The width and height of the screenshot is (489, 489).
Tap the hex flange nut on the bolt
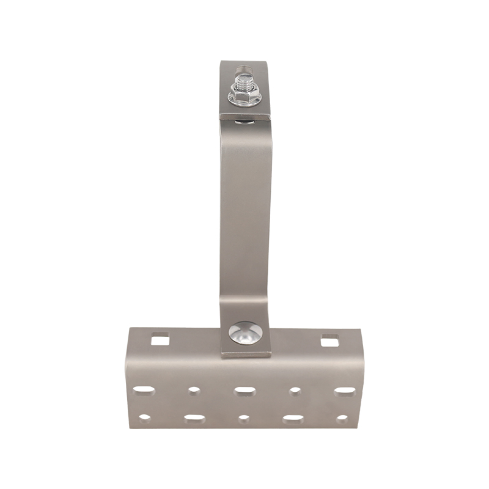(x=243, y=97)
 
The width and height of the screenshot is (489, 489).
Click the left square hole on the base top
(x=160, y=338)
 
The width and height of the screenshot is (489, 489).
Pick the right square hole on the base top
(x=329, y=340)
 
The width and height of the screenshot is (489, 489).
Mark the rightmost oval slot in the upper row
(x=344, y=391)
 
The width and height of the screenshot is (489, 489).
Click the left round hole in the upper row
(x=194, y=390)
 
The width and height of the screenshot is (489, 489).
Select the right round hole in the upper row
(x=295, y=391)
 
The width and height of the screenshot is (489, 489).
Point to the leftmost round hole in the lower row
(x=144, y=418)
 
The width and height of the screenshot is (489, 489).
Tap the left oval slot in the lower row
(x=194, y=419)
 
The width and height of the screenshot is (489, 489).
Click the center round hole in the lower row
(x=244, y=419)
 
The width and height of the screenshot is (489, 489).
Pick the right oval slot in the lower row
(x=293, y=419)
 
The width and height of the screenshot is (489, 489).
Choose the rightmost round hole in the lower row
(x=342, y=419)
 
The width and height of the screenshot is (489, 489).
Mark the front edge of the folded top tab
(x=244, y=115)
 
